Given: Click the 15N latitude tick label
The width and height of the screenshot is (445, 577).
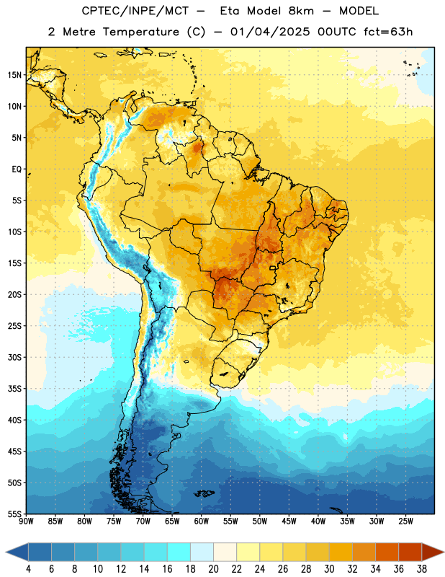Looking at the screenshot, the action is coord(14,75).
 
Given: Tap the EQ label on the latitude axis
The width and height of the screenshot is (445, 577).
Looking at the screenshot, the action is coord(17,169).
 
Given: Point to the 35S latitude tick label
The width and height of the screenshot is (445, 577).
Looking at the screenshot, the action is coord(14,389).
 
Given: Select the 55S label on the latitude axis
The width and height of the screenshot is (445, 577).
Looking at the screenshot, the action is coord(14,514).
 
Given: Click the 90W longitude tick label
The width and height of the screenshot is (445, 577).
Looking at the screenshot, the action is coord(26,521).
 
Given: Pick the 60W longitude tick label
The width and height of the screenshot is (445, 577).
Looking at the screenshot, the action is coord(202,521).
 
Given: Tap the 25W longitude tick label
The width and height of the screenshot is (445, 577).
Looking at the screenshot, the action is coord(405,521).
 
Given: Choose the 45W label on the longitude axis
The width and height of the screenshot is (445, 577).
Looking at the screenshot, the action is coord(289,521).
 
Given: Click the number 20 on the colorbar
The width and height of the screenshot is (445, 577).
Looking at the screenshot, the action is coord(213,569).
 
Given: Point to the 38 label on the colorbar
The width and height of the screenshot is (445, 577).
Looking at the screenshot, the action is coord(422,569).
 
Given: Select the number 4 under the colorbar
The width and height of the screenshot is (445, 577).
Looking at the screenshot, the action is coord(28,569).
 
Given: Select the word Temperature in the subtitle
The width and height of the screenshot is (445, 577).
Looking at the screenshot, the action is coord(140,32).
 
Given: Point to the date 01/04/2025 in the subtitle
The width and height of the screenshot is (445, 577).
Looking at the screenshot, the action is coord(270,32).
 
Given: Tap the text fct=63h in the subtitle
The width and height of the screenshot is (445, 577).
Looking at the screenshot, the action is coord(388,32).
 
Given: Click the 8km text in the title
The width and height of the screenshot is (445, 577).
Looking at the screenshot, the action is coord(301,11).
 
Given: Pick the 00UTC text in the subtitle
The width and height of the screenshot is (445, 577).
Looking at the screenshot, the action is coord(337,32).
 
